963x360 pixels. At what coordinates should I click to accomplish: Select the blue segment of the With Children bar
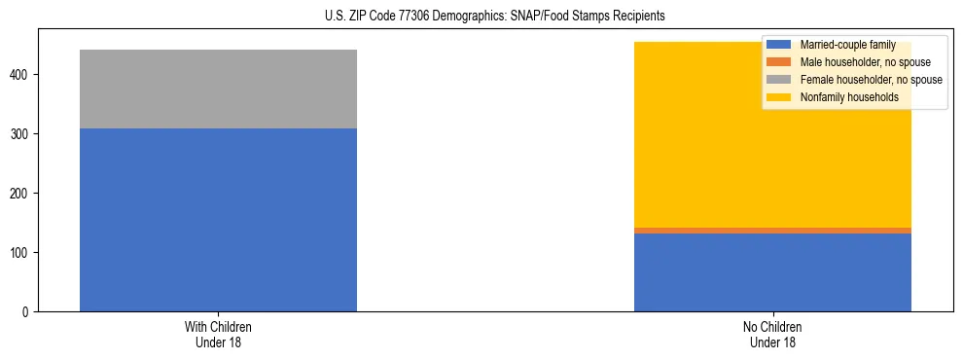218,220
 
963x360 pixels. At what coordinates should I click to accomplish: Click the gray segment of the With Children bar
218,89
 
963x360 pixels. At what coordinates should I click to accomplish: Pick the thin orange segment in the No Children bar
772,231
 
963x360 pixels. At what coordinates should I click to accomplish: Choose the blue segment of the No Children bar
772,272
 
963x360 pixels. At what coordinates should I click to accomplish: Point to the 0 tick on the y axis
27,312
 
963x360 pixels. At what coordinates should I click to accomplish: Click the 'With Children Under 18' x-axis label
218,334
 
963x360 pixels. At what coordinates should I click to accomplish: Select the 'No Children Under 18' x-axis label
772,334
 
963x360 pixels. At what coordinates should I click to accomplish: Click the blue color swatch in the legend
779,45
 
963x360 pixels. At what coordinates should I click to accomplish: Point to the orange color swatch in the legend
779,62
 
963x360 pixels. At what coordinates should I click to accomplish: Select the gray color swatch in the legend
779,80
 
